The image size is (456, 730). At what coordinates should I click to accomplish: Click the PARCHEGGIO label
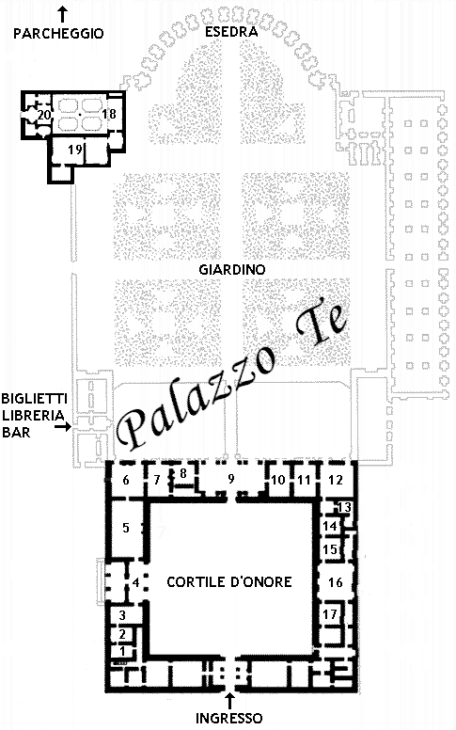click(x=58, y=34)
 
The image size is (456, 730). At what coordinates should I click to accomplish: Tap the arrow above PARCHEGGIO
click(x=62, y=14)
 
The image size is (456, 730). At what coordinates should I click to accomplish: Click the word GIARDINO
click(x=232, y=270)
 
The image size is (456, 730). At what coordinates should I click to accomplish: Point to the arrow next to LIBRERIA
click(x=63, y=425)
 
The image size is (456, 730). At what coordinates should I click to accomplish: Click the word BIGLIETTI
click(x=35, y=399)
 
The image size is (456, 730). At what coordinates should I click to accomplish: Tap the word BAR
click(x=16, y=432)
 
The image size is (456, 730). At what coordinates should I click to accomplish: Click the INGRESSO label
click(x=228, y=718)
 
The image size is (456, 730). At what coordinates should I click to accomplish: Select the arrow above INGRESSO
click(x=229, y=701)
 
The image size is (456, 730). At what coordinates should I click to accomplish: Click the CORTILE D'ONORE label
click(x=229, y=581)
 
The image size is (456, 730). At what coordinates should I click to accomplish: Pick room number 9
click(x=230, y=478)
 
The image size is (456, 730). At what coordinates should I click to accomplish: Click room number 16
click(x=335, y=582)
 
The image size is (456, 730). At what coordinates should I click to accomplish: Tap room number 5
click(x=126, y=528)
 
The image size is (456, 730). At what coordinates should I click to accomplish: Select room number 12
click(x=336, y=480)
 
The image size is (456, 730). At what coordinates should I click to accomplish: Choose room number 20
click(x=44, y=115)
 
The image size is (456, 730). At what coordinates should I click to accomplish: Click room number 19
click(x=75, y=150)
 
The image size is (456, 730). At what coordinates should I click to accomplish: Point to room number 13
click(x=344, y=507)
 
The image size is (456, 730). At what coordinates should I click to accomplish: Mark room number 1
click(x=122, y=650)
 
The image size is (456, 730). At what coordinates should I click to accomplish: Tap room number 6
click(x=126, y=480)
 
